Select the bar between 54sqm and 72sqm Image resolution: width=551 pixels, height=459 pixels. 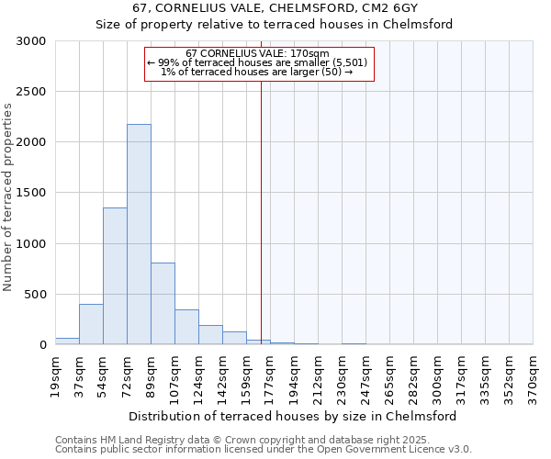point(115,275)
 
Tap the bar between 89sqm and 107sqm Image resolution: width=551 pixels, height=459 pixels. point(163,303)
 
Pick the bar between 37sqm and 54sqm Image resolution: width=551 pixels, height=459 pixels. point(91,324)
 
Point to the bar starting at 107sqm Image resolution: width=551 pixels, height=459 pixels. point(186,327)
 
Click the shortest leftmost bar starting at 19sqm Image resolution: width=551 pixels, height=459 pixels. point(67,341)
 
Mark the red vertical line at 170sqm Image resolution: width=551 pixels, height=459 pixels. point(261,211)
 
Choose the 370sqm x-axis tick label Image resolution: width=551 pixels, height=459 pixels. point(533,376)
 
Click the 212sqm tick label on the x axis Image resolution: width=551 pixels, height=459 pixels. point(318,376)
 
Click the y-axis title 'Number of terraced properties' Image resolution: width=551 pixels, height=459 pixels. point(8,196)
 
